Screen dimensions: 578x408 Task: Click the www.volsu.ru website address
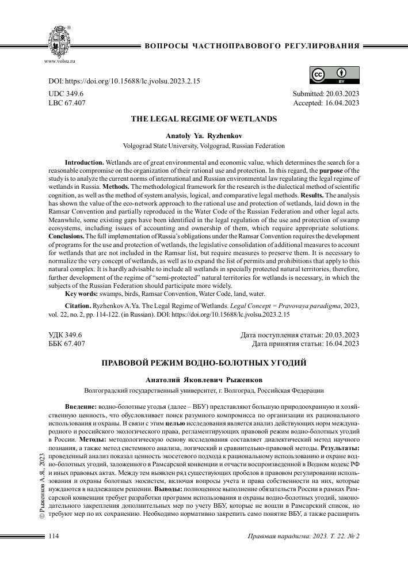pyautogui.click(x=60, y=60)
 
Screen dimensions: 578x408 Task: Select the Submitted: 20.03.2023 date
pyautogui.click(x=326, y=93)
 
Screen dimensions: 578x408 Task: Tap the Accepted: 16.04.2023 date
pyautogui.click(x=326, y=103)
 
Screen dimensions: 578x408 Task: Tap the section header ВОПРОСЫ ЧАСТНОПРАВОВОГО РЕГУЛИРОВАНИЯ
pyautogui.click(x=253, y=45)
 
